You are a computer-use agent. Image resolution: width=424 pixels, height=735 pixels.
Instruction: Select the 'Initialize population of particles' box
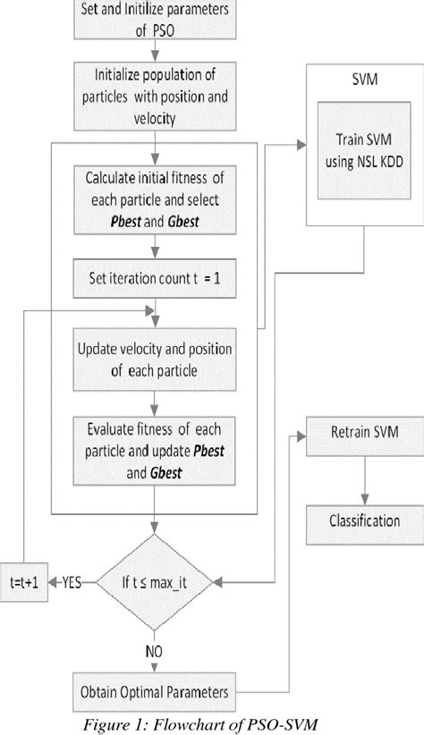(x=157, y=96)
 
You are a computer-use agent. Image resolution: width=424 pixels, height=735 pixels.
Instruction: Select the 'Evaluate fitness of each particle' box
(x=157, y=451)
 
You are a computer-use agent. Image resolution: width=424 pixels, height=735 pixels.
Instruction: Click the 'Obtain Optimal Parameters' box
(x=157, y=691)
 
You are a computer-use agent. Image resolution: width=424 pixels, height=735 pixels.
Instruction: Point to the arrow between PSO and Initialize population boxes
(x=157, y=53)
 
